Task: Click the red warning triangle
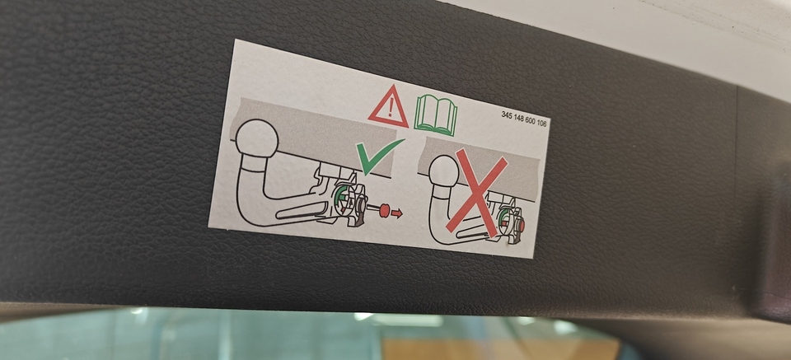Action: pos(388,107)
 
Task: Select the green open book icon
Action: pos(436,115)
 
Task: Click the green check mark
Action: pos(378,156)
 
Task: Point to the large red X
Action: pos(476,192)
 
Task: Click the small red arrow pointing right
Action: pos(397,213)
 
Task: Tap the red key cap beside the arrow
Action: pos(384,210)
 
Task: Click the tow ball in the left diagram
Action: pos(257,138)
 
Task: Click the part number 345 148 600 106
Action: pos(524,119)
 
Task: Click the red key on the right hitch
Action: pos(521,226)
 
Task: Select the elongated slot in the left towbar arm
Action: pos(302,210)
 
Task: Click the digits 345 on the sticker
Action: pos(507,115)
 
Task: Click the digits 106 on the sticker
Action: pos(542,122)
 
